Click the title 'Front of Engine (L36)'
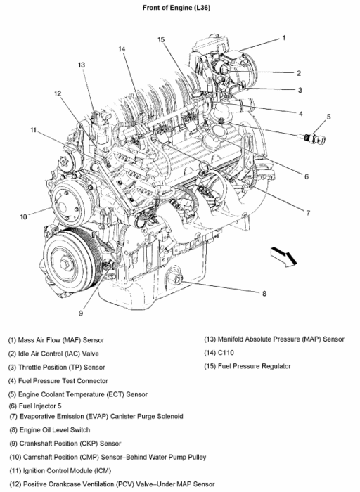coord(176,8)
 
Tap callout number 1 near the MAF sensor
coord(284,38)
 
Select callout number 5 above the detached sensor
coord(328,117)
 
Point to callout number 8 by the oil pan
coord(264,293)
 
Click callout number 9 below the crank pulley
coord(81,313)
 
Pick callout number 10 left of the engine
coord(23,216)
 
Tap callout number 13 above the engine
coord(82,65)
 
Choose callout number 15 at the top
coord(161,39)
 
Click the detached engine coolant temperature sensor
coord(312,138)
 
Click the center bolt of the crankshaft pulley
coord(65,264)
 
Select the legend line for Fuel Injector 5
coord(35,406)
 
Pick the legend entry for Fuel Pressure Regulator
coord(247,366)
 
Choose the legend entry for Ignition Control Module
coord(60,471)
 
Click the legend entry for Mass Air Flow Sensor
coord(56,340)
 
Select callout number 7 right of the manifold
coord(308,213)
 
